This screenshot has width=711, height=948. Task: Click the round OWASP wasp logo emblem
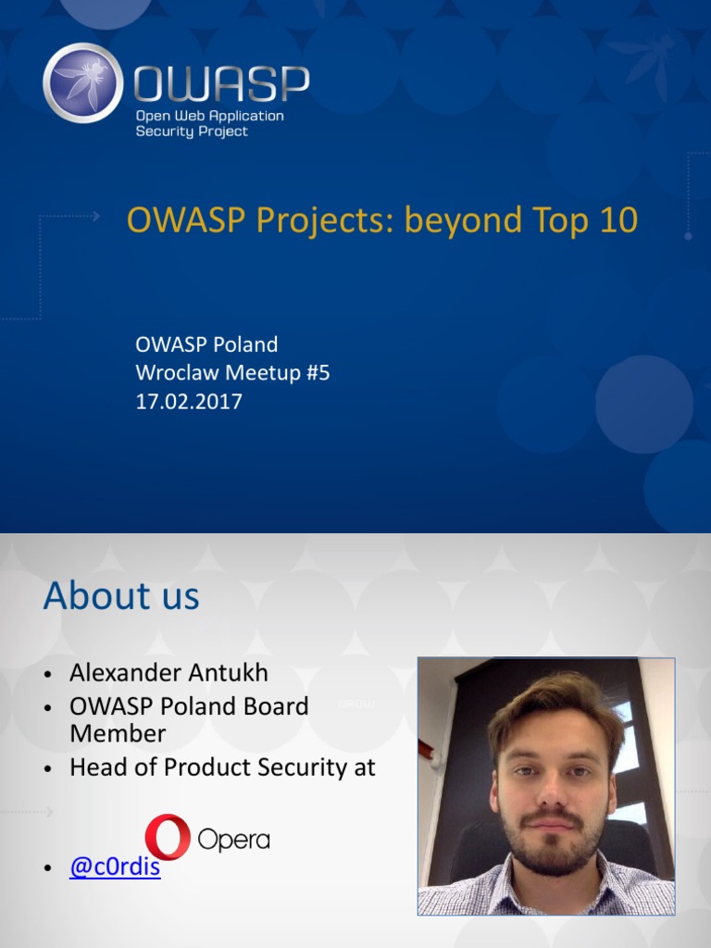[x=82, y=82]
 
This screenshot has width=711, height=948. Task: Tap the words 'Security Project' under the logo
[x=192, y=131]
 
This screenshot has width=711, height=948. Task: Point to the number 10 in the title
[x=617, y=220]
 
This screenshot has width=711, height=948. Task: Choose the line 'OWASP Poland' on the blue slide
[x=206, y=344]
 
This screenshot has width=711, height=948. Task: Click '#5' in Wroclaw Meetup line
[x=316, y=373]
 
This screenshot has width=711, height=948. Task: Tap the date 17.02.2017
[x=189, y=402]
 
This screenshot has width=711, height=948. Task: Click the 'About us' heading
[x=121, y=595]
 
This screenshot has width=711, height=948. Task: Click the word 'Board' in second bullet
[x=275, y=706]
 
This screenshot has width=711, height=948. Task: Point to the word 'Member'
[x=118, y=733]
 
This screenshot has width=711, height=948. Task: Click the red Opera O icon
[x=168, y=837]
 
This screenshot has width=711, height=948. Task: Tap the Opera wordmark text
[x=233, y=840]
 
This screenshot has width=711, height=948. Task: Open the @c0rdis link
[x=115, y=868]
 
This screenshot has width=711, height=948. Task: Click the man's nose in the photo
[x=552, y=790]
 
